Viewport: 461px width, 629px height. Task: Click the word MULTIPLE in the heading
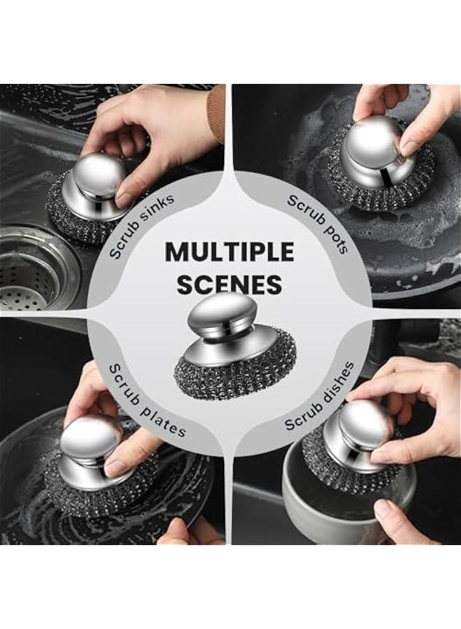click(x=230, y=252)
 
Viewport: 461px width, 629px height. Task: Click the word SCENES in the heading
click(x=229, y=284)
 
